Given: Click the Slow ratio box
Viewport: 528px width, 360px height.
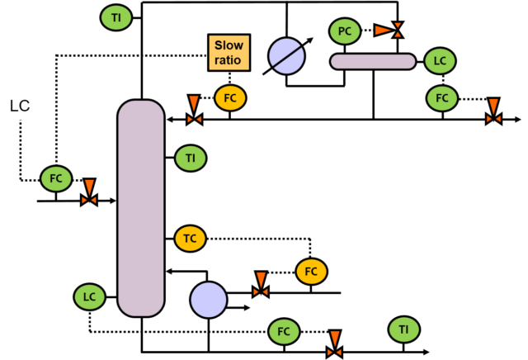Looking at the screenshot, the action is [229, 53].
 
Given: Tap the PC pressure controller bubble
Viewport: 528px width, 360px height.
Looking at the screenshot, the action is [345, 31].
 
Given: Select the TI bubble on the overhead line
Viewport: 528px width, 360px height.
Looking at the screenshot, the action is [116, 17].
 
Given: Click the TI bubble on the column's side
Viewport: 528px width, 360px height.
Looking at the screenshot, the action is [191, 158].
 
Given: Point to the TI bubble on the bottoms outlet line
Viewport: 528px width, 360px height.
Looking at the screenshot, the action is [404, 329].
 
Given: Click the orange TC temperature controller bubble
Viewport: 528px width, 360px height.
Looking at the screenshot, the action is [191, 239].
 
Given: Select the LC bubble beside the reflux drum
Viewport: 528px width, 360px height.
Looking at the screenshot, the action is [440, 61].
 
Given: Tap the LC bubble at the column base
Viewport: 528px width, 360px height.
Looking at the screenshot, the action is [90, 297].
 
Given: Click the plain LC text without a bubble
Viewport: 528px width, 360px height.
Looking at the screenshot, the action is [20, 106].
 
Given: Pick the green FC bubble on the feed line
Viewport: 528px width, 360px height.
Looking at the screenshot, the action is [56, 178].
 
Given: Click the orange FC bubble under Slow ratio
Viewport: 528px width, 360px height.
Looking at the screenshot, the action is [230, 97].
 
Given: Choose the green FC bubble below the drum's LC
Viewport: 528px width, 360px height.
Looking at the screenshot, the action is [442, 98].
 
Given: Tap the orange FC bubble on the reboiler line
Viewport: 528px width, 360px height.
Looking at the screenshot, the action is [311, 272].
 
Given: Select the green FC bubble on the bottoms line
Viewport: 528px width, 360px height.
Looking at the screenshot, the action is [284, 332].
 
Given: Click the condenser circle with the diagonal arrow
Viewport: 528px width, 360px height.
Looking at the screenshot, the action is [286, 56].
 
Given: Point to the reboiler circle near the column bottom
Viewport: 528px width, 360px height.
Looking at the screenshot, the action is [209, 300].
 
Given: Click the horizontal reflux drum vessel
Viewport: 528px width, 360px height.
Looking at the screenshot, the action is [373, 62].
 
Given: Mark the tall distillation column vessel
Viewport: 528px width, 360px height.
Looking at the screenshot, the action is [141, 208].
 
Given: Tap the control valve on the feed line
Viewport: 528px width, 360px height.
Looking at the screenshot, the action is [89, 193].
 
